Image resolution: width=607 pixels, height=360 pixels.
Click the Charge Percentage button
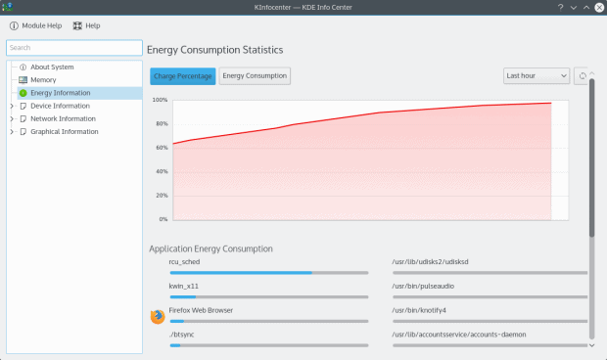coord(183,75)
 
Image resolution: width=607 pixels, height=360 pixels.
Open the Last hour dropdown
coord(537,75)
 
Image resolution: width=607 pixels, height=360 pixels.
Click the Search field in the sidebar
coord(74,47)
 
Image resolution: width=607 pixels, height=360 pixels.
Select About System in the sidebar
coord(52,67)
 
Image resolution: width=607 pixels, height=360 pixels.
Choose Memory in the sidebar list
coord(43,80)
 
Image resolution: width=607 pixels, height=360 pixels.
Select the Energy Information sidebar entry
coord(61,93)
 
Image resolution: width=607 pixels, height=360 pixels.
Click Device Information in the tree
coord(60,106)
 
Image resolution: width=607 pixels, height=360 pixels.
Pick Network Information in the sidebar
coord(63,118)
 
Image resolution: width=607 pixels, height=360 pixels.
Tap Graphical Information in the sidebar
coord(64,131)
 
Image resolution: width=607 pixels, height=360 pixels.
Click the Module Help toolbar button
coord(37,25)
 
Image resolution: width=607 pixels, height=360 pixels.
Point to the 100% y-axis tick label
coord(160,100)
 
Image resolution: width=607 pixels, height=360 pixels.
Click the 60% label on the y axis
coord(162,148)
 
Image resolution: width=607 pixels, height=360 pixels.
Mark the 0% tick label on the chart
coord(163,219)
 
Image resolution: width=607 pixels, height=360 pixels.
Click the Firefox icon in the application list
coord(157,316)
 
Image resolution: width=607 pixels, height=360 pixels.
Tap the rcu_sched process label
coord(185,261)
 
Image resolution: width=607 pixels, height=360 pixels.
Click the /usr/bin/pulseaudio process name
coord(422,286)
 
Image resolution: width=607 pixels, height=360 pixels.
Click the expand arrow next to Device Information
coord(11,106)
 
